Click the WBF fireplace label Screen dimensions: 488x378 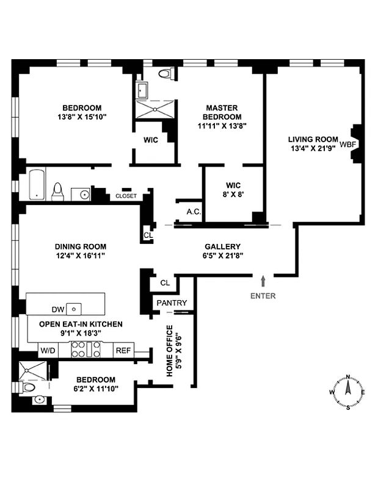coord(347,145)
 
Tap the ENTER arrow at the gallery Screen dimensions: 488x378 coord(263,281)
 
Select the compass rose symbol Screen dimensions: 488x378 coord(347,392)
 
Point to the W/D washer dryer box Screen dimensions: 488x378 coord(47,350)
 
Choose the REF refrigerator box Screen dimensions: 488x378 coord(123,350)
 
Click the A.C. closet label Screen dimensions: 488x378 coord(194,213)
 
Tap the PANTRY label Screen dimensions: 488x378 coord(172,303)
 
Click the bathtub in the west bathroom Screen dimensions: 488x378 coord(37,184)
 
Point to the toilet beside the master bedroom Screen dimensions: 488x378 coord(164,74)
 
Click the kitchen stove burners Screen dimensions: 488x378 coord(85,349)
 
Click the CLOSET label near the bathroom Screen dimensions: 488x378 coord(126,196)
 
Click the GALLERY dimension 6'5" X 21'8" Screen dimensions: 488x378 coord(222,257)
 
